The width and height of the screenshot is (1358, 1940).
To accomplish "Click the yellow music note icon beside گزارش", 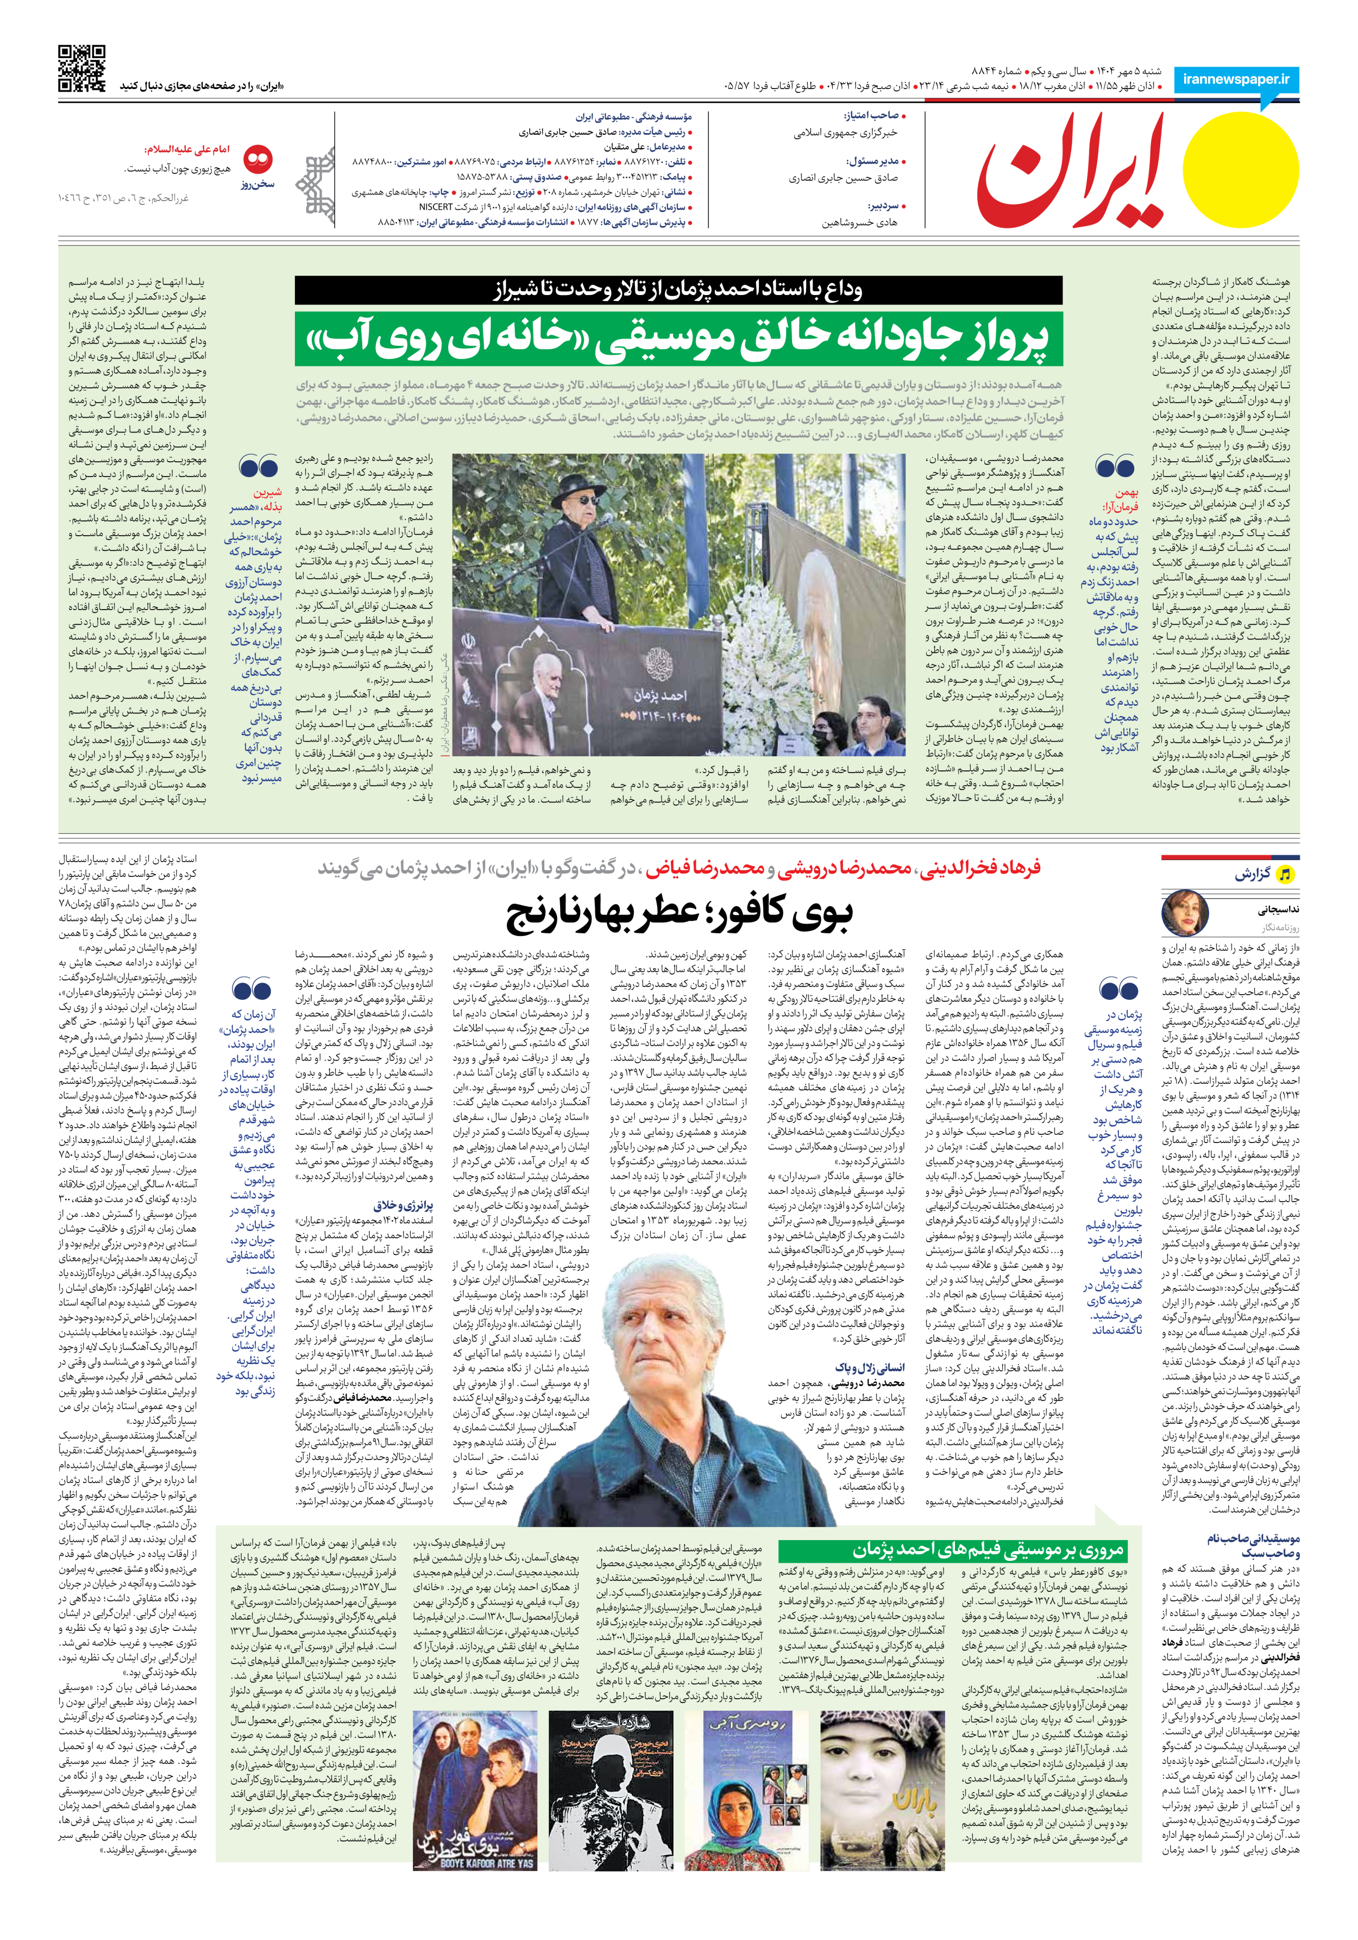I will [x=1285, y=874].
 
